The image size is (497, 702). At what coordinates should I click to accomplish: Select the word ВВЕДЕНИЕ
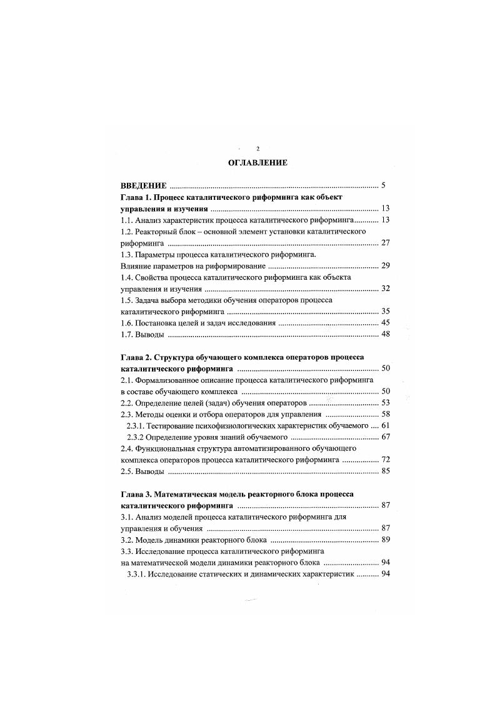coord(143,185)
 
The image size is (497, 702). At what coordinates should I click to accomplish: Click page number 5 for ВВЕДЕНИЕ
coord(387,185)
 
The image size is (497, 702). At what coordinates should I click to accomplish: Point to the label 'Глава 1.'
coord(135,197)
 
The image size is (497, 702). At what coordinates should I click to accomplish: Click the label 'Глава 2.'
coord(135,356)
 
